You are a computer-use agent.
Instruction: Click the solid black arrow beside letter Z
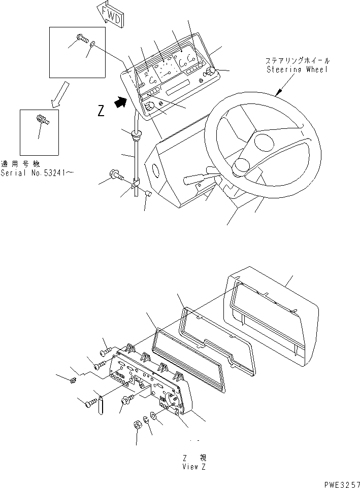[x=121, y=102]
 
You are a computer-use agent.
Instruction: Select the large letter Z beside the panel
[x=101, y=111]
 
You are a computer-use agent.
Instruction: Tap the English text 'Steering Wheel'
[x=298, y=69]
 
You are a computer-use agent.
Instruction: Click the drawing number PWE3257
[x=342, y=484]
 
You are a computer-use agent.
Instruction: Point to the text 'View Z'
[x=194, y=467]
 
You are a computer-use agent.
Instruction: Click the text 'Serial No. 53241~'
[x=37, y=173]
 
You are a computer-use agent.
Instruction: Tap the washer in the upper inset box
[x=93, y=44]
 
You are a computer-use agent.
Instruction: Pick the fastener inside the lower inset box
[x=43, y=119]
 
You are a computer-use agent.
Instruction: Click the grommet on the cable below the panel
[x=136, y=135]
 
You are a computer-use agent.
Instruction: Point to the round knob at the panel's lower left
[x=150, y=106]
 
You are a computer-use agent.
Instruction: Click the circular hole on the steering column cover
[x=155, y=170]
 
